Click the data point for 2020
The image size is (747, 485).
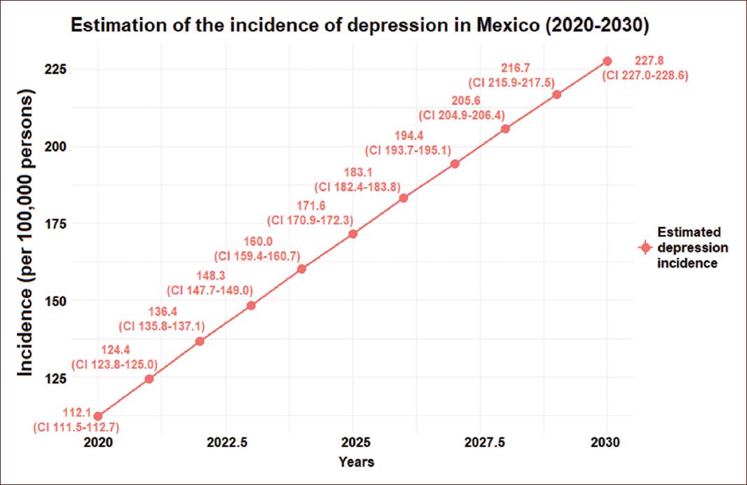click(97, 416)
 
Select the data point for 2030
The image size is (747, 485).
click(607, 61)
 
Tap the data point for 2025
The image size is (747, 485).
click(352, 233)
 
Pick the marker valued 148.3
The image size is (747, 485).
click(251, 306)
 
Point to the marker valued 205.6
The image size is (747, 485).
click(505, 129)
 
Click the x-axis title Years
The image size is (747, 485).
click(356, 462)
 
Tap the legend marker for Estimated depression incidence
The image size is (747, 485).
click(644, 247)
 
